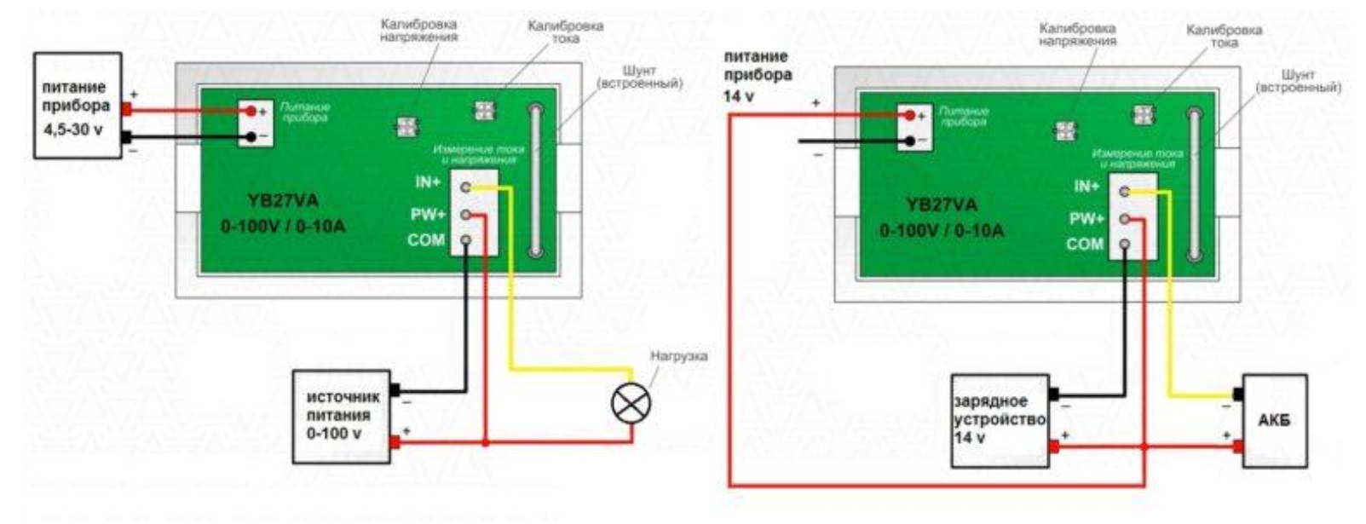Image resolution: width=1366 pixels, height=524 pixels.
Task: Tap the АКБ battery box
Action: point(1274,420)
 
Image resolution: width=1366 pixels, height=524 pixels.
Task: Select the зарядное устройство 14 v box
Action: point(1000,420)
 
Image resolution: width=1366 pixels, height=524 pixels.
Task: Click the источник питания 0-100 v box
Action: point(341,417)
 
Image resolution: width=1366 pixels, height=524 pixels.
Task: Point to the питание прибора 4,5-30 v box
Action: point(77,106)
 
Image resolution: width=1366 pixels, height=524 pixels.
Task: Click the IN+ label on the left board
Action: point(428,183)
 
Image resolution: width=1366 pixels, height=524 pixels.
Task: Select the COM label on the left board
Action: point(426,240)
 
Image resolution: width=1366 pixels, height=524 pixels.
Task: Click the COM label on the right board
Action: point(1085,245)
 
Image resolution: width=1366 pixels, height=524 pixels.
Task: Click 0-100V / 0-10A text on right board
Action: point(942,231)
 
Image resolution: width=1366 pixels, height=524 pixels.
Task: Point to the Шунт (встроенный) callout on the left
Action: point(639,78)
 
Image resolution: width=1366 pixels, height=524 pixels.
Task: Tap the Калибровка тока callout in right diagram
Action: point(1224,36)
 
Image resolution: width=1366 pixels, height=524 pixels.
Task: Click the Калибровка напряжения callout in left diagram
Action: point(418,31)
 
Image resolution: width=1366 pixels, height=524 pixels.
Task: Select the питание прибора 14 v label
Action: point(757,75)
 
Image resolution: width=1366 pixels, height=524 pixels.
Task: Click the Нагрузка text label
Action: point(678,355)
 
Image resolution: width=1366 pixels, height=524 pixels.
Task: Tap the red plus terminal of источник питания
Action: point(394,442)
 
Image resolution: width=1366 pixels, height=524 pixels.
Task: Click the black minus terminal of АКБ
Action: point(1237,394)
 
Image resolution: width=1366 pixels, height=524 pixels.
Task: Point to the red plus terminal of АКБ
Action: point(1237,446)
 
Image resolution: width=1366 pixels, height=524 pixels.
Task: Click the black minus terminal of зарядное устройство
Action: point(1053,394)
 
